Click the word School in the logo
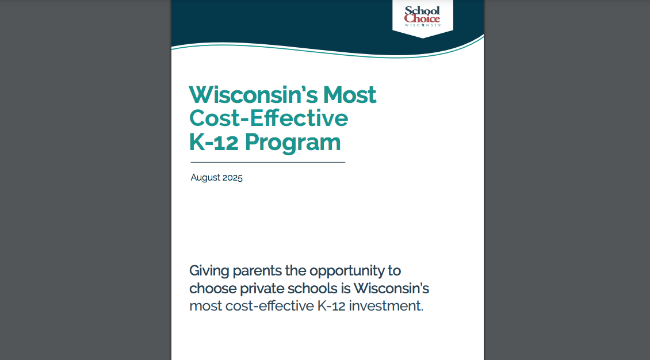[x=422, y=11]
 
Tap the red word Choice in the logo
[x=422, y=18]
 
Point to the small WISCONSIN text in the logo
[x=422, y=25]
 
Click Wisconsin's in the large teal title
[x=254, y=95]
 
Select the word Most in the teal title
[x=350, y=95]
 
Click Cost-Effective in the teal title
[x=269, y=118]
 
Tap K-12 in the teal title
[x=214, y=142]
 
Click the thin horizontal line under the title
[x=268, y=162]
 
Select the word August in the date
[x=205, y=178]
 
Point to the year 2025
[x=232, y=178]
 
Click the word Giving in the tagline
[x=209, y=271]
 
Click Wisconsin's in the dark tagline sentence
[x=391, y=288]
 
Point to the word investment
[x=386, y=306]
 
